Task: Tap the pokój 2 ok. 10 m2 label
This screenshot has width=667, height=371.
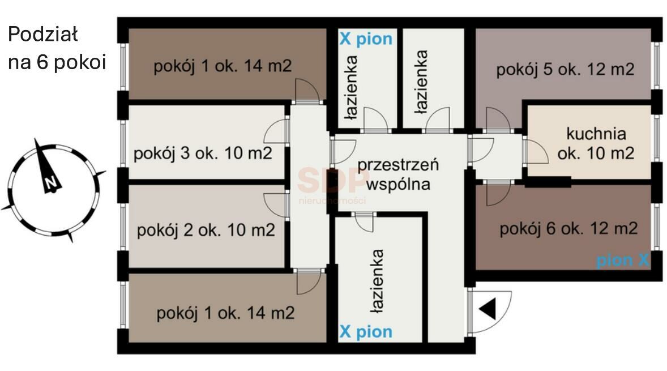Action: (x=206, y=231)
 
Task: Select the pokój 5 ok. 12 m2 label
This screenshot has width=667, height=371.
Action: (x=565, y=70)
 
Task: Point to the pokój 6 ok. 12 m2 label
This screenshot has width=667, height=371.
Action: (x=568, y=229)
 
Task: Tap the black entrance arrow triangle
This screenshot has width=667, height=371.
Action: (x=488, y=310)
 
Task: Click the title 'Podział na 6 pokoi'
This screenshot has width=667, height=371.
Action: (x=57, y=48)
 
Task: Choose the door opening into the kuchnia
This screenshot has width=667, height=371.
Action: (x=534, y=151)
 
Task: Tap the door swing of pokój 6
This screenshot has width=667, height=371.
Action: (x=497, y=193)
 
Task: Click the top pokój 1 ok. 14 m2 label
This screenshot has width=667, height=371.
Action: (x=223, y=66)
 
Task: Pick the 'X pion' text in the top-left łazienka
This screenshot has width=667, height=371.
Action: (x=365, y=39)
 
